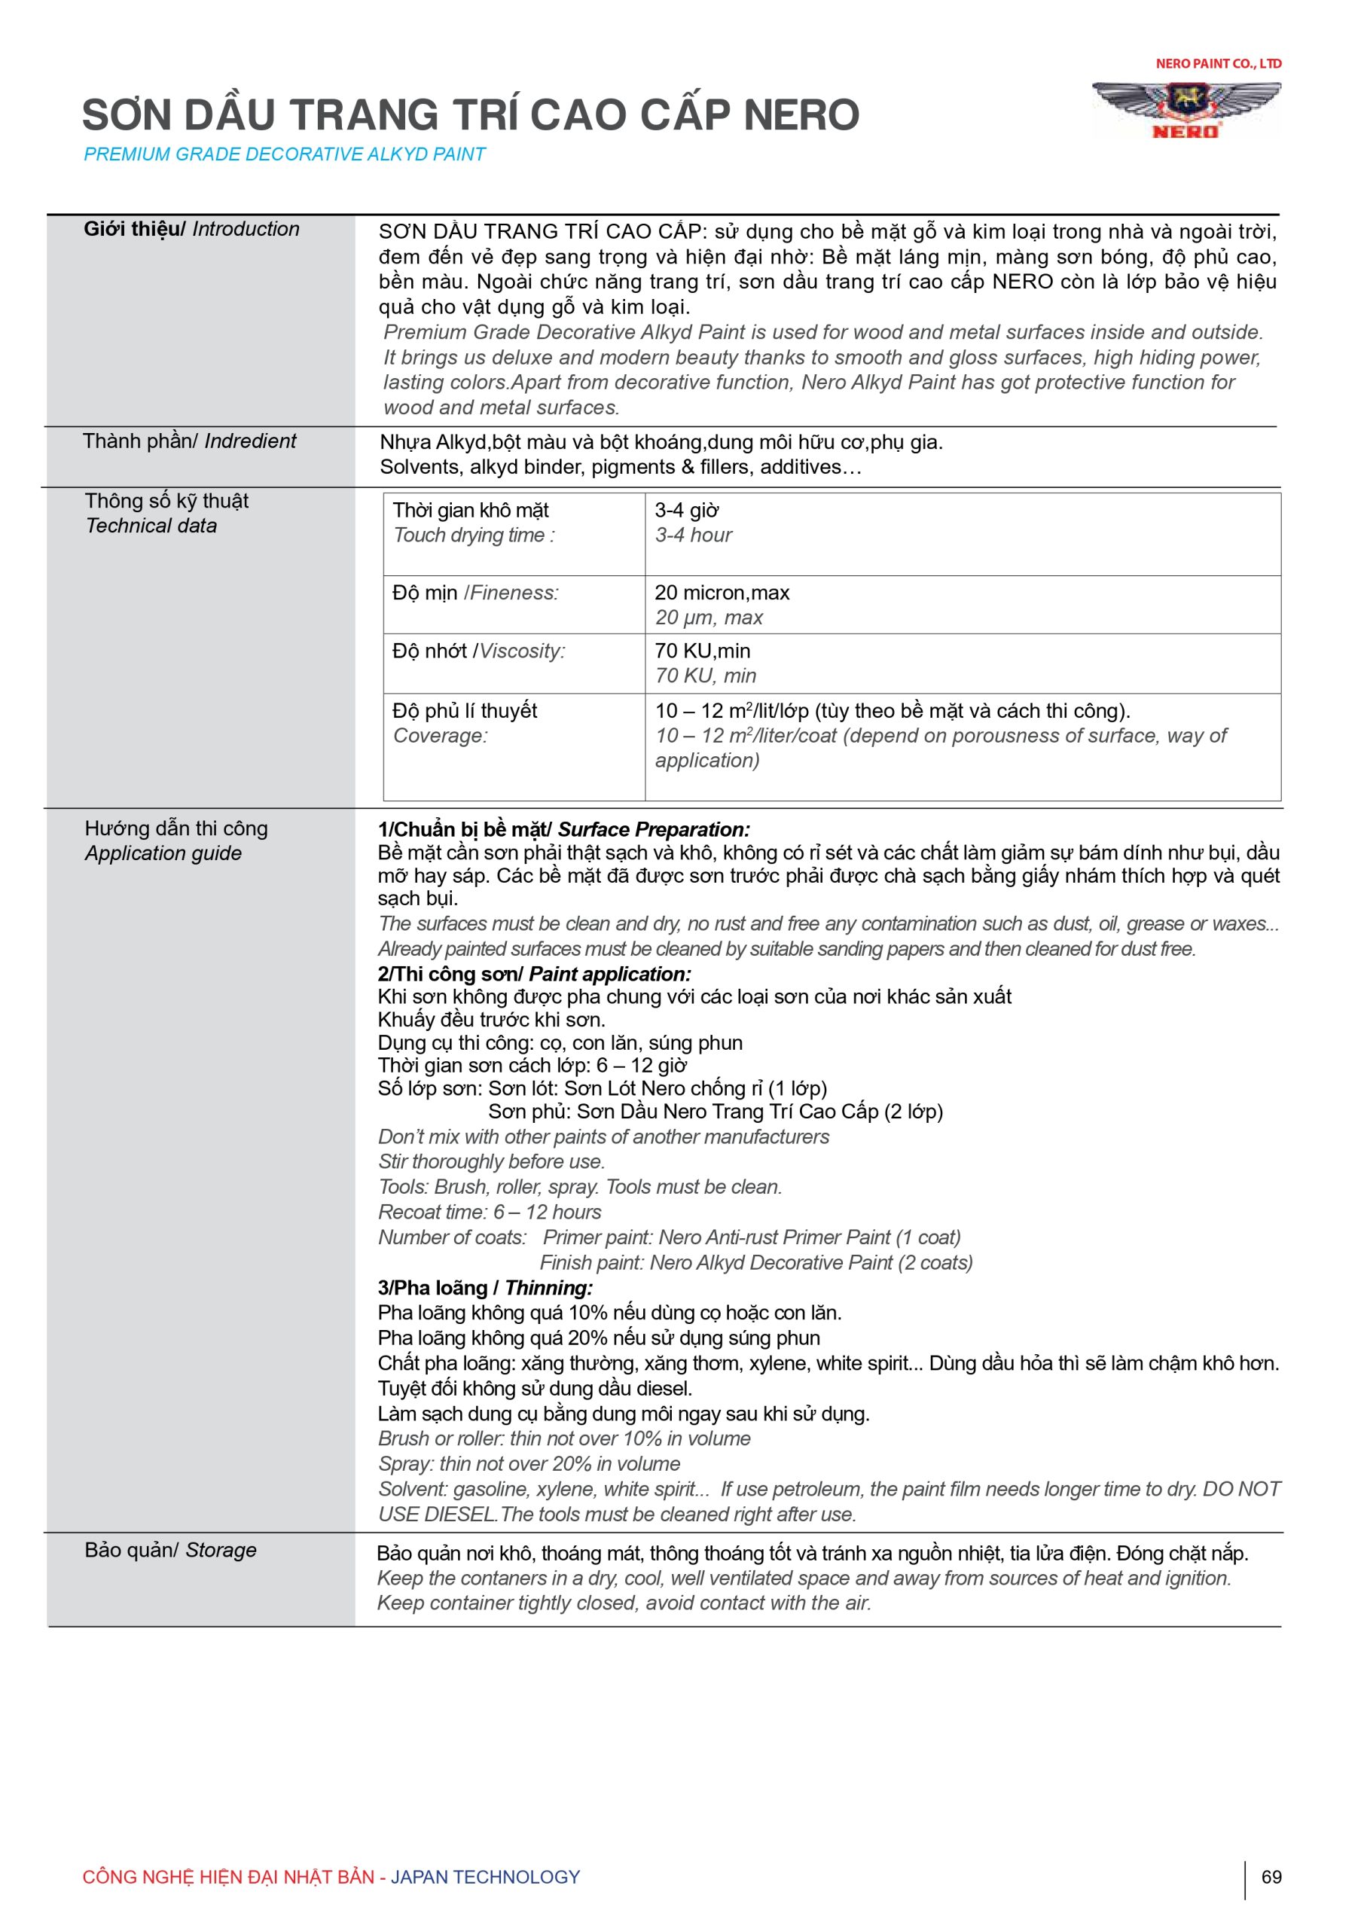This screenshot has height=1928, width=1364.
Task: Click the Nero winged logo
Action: pyautogui.click(x=1186, y=108)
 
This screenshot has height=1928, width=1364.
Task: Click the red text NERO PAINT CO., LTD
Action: pyautogui.click(x=1218, y=64)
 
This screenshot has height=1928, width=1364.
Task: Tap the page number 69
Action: pyautogui.click(x=1271, y=1877)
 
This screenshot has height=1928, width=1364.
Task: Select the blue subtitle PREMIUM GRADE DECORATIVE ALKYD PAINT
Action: pyautogui.click(x=285, y=154)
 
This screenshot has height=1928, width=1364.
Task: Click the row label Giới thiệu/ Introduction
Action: pyautogui.click(x=191, y=229)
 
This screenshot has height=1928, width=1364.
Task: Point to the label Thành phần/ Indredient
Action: pyautogui.click(x=189, y=441)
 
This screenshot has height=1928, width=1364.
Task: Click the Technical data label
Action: pyautogui.click(x=151, y=526)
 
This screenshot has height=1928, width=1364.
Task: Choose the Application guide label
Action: pyautogui.click(x=163, y=853)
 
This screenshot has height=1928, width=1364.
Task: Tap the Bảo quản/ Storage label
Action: pyautogui.click(x=170, y=1550)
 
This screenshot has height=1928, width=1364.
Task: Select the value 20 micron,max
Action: pyautogui.click(x=722, y=593)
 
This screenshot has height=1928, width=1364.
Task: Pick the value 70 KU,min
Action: pyautogui.click(x=702, y=651)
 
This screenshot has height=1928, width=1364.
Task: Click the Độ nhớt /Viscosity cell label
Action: pyautogui.click(x=479, y=651)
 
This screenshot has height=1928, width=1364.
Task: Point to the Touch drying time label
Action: pyautogui.click(x=474, y=535)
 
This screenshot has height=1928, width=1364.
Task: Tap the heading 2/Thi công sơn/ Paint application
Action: pyautogui.click(x=534, y=974)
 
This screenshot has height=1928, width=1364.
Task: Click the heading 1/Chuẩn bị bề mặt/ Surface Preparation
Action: pyautogui.click(x=563, y=830)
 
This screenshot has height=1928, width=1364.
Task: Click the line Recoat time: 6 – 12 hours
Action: pyautogui.click(x=490, y=1212)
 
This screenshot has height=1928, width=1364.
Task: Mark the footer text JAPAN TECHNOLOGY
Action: pyautogui.click(x=486, y=1877)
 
